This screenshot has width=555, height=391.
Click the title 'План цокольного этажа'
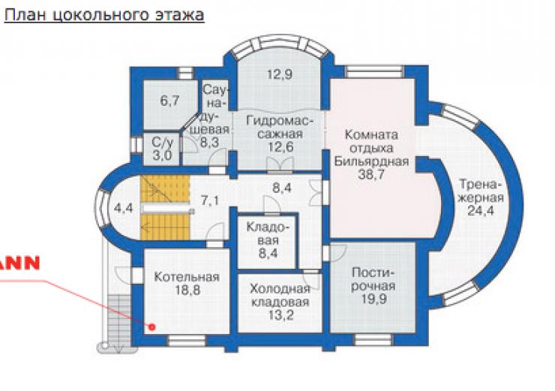(x=104, y=15)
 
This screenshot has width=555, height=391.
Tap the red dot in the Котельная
(x=152, y=327)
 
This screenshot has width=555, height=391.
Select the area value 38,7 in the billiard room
(x=371, y=174)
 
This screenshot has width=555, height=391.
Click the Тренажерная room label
(x=481, y=191)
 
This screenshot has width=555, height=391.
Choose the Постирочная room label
(x=373, y=279)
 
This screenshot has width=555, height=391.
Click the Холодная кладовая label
(x=280, y=296)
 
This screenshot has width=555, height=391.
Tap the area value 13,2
(x=280, y=315)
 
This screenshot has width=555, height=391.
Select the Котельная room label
(x=187, y=277)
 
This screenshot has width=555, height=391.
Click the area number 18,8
(x=187, y=290)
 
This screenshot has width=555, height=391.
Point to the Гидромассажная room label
(x=280, y=127)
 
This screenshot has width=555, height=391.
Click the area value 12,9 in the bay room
(x=280, y=75)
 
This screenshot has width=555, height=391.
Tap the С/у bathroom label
(x=163, y=143)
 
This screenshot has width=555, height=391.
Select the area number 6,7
(x=170, y=101)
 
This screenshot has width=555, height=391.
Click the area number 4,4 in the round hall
(x=123, y=208)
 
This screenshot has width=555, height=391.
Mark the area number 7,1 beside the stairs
(x=210, y=201)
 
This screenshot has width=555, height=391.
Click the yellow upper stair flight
(x=165, y=189)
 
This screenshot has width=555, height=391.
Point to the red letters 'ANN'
(x=19, y=263)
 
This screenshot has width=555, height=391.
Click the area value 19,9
(x=373, y=299)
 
